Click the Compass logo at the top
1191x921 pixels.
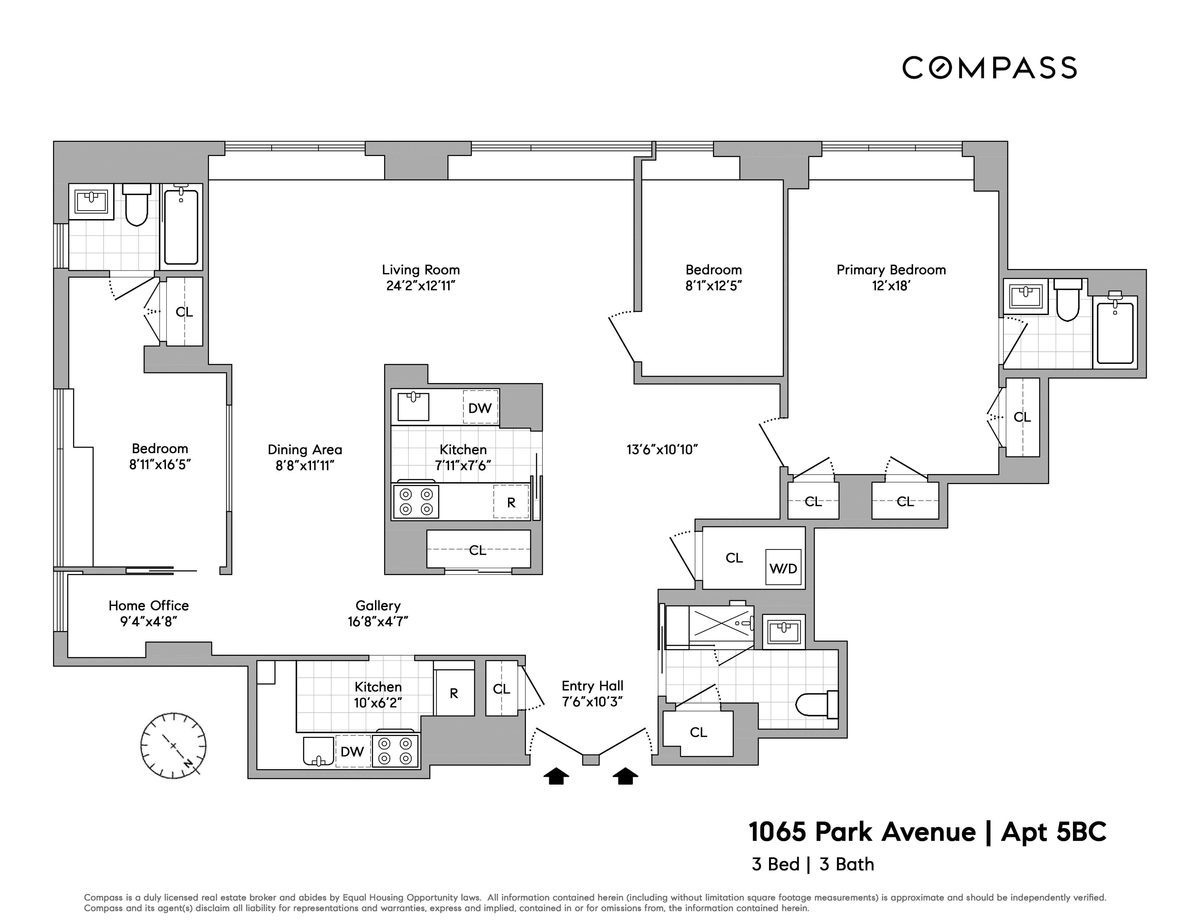click(989, 68)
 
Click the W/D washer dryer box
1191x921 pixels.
click(783, 568)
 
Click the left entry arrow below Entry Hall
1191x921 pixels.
click(556, 776)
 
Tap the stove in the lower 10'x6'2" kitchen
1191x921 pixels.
click(395, 751)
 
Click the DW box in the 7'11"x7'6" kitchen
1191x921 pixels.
click(480, 408)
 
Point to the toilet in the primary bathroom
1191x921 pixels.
click(1067, 301)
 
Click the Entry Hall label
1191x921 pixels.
click(592, 686)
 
